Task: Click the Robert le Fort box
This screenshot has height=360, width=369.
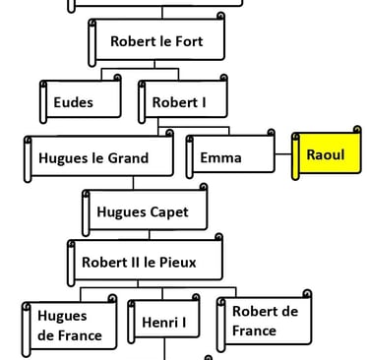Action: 157,42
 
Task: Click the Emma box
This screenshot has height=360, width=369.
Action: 229,157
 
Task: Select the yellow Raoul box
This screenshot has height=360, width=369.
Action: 325,155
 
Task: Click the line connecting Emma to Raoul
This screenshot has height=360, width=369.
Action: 283,154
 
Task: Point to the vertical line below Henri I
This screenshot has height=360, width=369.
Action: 162,351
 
